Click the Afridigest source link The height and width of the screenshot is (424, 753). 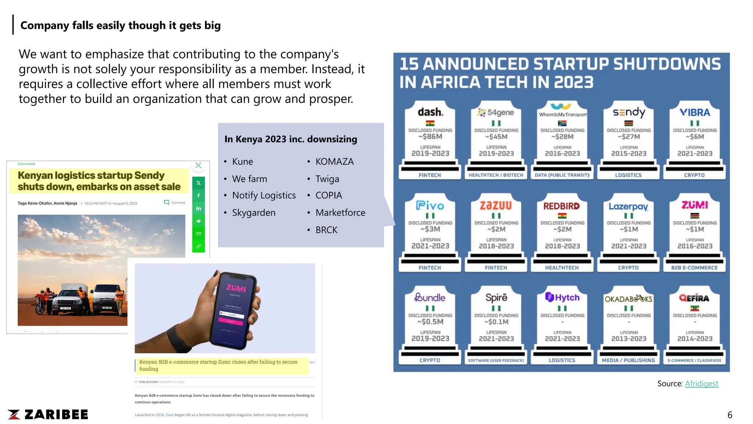[x=701, y=384]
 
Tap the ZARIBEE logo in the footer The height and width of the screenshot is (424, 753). [x=48, y=414]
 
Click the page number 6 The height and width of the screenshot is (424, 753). [x=729, y=415]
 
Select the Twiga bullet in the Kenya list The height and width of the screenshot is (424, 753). [x=327, y=179]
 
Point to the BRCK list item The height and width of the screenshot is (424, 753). [x=326, y=230]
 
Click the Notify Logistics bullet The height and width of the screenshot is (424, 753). [x=264, y=195]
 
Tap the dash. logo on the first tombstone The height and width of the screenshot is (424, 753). [x=430, y=112]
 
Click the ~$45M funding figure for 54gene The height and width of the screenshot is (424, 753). [x=496, y=137]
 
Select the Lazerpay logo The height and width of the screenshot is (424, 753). [x=628, y=206]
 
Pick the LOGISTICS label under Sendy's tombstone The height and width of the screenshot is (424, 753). [x=628, y=175]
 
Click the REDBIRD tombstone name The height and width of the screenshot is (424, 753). [x=561, y=206]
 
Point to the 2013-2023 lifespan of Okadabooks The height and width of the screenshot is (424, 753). [x=628, y=339]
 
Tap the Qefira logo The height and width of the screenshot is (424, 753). [x=694, y=298]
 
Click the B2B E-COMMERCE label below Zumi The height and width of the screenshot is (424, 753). [x=694, y=268]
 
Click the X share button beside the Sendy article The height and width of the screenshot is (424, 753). [x=199, y=183]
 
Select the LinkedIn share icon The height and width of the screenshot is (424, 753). [x=199, y=208]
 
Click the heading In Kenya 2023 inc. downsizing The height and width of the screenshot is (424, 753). [x=290, y=139]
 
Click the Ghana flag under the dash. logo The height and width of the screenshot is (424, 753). [x=430, y=123]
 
